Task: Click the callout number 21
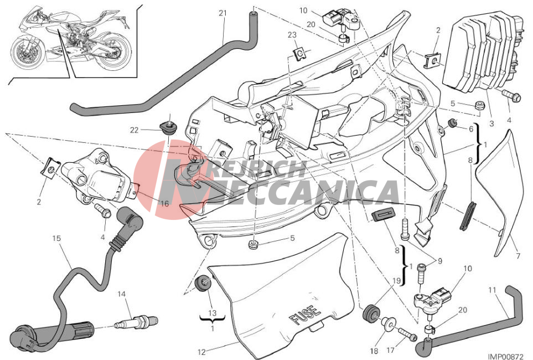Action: (x=222, y=13)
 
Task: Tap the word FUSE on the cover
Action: (x=305, y=315)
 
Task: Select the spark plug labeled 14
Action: (x=137, y=321)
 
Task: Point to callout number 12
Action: (x=202, y=352)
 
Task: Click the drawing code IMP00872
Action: (x=505, y=356)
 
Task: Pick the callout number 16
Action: (x=164, y=204)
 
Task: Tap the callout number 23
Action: (x=292, y=35)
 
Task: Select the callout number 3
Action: (x=491, y=124)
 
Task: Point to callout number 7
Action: (x=518, y=256)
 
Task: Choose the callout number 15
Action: (x=56, y=238)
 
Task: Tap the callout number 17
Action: (x=391, y=350)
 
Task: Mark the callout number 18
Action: (x=374, y=350)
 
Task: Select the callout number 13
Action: (x=212, y=313)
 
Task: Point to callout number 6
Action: (x=471, y=129)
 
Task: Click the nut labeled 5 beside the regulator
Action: (x=479, y=105)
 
